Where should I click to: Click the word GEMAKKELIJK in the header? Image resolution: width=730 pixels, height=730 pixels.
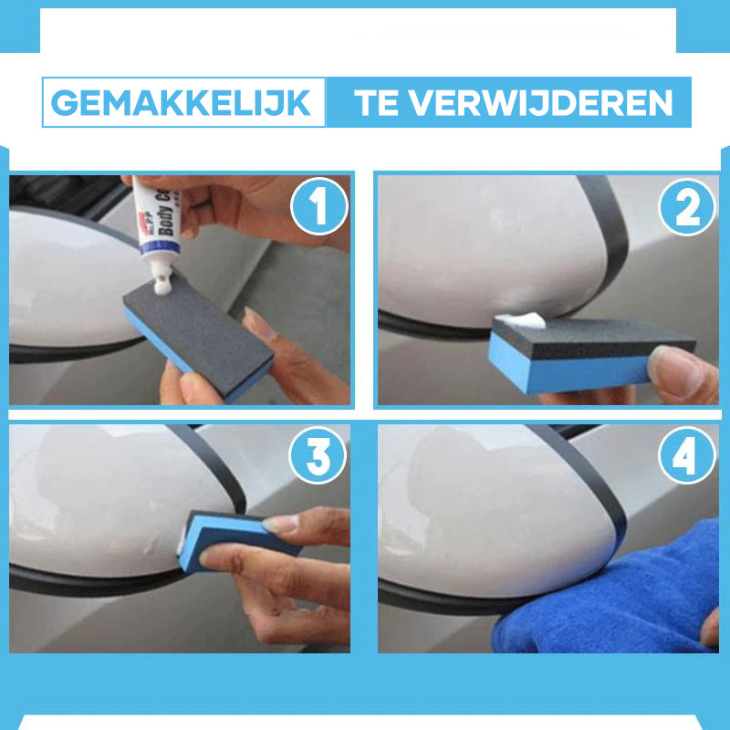[x=182, y=102]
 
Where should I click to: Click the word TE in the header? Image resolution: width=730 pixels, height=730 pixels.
[x=378, y=102]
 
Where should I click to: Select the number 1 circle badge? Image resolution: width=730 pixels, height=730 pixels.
[x=318, y=209]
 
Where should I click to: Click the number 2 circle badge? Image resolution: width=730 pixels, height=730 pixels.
[x=686, y=209]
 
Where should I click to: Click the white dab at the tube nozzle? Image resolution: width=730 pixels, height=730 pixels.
[x=164, y=288]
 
